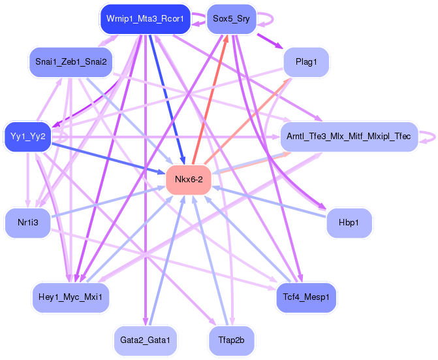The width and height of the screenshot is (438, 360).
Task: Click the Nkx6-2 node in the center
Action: (x=188, y=180)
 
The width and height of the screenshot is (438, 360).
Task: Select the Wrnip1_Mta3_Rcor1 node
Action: (x=145, y=19)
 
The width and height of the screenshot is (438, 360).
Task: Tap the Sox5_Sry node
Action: (x=230, y=19)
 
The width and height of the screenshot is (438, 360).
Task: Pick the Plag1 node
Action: (x=306, y=62)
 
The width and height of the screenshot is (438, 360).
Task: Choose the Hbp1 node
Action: (x=349, y=223)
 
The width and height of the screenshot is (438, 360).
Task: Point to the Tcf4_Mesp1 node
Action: (x=306, y=297)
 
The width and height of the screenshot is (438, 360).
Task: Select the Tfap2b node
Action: (x=230, y=340)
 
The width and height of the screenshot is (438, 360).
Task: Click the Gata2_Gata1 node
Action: (x=145, y=340)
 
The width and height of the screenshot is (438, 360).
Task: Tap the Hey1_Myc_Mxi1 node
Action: (x=70, y=297)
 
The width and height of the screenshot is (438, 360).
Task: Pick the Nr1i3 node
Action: (x=27, y=223)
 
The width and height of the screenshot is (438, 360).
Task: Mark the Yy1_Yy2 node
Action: (x=27, y=137)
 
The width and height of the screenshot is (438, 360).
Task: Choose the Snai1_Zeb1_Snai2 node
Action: (x=70, y=62)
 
